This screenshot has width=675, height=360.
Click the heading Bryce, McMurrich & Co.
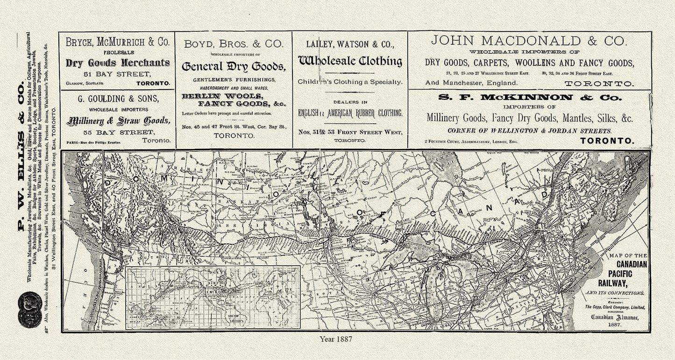click(x=117, y=42)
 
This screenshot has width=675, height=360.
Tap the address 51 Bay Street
click(x=117, y=74)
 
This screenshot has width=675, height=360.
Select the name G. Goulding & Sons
click(x=117, y=99)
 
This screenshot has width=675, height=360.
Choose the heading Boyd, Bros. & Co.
click(x=234, y=44)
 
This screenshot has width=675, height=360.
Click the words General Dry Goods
click(x=233, y=66)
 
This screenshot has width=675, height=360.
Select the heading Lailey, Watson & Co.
click(x=350, y=44)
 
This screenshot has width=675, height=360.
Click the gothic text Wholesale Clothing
click(x=350, y=61)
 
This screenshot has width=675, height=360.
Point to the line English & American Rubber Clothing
click(x=350, y=113)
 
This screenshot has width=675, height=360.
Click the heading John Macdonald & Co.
click(x=528, y=41)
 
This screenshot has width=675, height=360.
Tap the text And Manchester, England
click(x=471, y=83)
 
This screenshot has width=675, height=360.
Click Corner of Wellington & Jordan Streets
click(x=528, y=131)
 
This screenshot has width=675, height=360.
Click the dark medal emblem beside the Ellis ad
click(x=29, y=309)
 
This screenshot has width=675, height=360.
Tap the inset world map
click(x=213, y=297)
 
